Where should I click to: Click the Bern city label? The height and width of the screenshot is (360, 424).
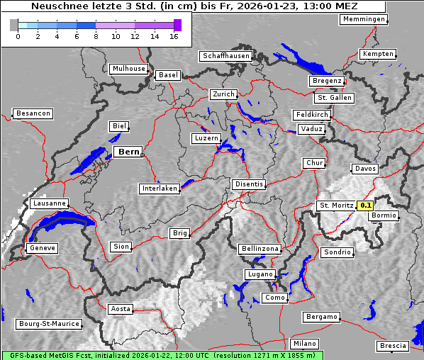coord(128,152)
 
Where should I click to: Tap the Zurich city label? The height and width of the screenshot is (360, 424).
coord(223,94)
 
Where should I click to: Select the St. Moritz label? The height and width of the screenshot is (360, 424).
coord(336,206)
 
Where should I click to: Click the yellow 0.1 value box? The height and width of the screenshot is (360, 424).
coord(365,206)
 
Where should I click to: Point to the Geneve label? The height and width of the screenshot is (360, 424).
coord(41,248)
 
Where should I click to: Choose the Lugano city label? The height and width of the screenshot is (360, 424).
coord(260,274)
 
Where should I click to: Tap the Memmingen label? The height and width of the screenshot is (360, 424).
coord(364,19)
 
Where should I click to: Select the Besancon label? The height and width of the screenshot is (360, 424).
coord(33,113)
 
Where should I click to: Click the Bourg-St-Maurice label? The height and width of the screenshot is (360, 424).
coord(49,323)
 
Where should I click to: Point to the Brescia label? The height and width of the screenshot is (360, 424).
coord(393,346)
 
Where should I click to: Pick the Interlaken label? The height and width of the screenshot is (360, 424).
coord(160,189)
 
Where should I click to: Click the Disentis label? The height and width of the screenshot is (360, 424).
coord(248,184)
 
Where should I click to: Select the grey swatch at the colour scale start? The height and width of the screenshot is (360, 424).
coord(13,25)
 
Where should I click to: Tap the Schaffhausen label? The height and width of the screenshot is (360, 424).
coord(225,55)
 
